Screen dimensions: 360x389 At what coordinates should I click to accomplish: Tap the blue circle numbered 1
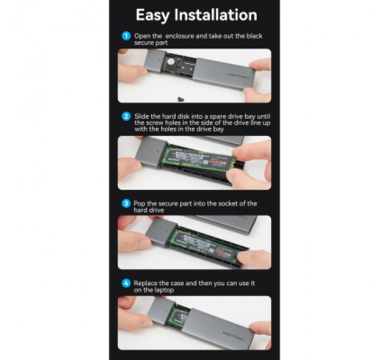(126, 36)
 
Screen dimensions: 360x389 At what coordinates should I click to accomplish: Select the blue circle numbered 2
(126, 116)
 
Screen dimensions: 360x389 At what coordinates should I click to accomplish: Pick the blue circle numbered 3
(126, 203)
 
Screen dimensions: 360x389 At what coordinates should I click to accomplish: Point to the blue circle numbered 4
(126, 283)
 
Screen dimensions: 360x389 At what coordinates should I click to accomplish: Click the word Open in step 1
(141, 36)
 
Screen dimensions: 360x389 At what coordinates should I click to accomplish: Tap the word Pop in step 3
(140, 203)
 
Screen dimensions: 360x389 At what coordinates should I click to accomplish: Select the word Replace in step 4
(145, 283)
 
